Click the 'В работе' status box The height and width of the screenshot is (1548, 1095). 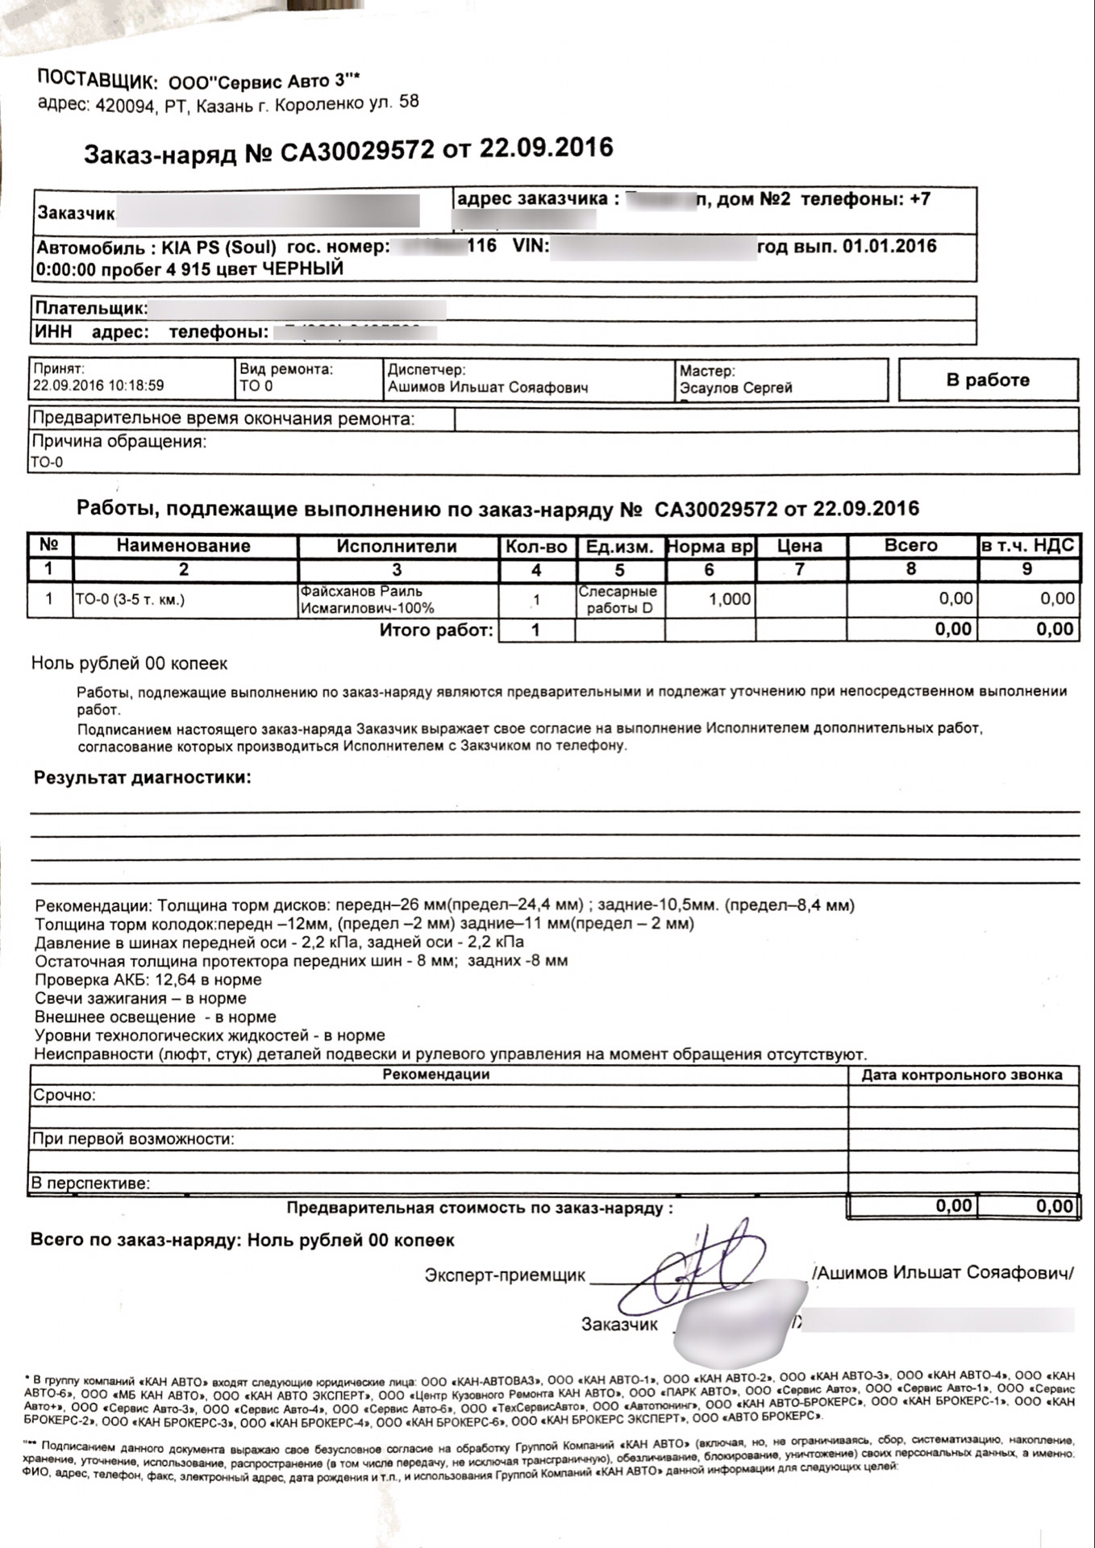click(988, 380)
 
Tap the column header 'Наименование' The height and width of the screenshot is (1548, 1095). click(184, 546)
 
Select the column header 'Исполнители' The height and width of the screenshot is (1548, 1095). click(397, 546)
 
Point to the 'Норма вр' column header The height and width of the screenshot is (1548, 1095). click(710, 547)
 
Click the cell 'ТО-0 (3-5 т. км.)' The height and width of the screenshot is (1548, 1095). click(130, 599)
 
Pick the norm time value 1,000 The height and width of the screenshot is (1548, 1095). click(729, 599)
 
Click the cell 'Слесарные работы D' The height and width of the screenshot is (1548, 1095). click(618, 600)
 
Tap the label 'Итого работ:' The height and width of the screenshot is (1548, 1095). click(436, 630)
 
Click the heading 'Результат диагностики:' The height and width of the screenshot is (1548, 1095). click(143, 778)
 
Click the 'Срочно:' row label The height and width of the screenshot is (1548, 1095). click(65, 1095)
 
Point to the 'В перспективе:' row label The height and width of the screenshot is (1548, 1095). click(91, 1184)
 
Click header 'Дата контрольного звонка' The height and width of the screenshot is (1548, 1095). click(962, 1075)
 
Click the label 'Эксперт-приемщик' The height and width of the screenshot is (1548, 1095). click(505, 1275)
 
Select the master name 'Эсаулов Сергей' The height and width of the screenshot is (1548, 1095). click(736, 388)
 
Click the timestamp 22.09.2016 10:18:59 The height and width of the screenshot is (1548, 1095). click(98, 385)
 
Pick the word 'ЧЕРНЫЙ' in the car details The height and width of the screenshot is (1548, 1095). click(303, 268)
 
